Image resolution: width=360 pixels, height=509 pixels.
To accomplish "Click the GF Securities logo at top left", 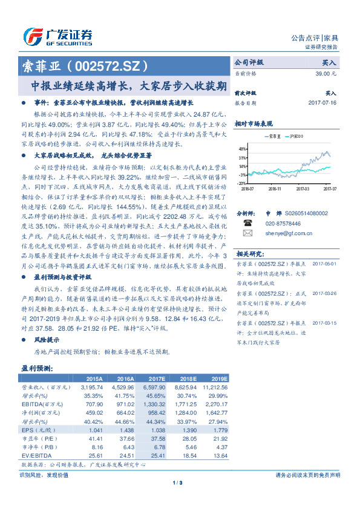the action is click(x=57, y=36).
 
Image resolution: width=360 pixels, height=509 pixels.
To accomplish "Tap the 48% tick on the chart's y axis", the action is click(x=242, y=149).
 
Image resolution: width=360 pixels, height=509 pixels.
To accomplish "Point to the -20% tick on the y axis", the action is click(x=241, y=183).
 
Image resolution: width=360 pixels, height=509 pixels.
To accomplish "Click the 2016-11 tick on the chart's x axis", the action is click(x=275, y=189).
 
